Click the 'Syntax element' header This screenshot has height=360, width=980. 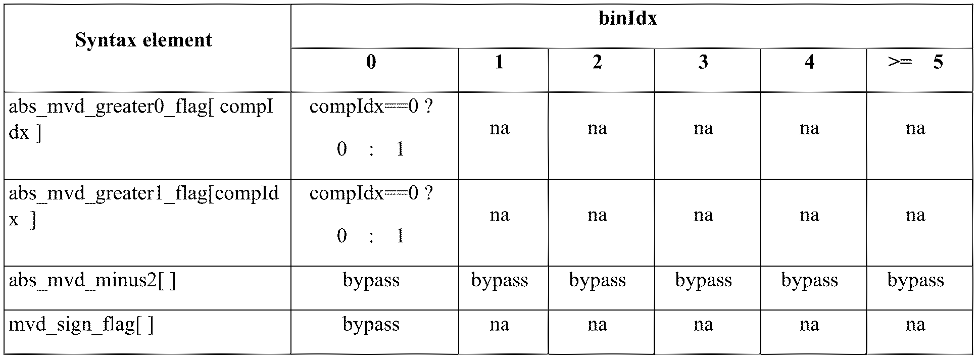144,40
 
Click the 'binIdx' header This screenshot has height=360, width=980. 628,18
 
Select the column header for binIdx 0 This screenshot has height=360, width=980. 371,62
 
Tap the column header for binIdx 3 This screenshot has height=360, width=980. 703,62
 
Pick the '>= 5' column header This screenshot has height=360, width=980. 915,62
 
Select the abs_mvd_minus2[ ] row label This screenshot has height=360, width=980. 92,281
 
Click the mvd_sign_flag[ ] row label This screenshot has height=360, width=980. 81,325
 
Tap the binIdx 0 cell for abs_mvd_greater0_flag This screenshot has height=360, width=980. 371,128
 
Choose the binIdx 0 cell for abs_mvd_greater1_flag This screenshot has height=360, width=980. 371,215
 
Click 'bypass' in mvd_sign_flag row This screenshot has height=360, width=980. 371,325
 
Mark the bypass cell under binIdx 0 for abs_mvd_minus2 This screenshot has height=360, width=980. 371,281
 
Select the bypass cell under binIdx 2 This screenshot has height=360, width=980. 598,281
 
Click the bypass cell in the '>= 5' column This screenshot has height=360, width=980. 916,281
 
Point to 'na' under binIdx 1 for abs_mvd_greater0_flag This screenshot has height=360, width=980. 500,128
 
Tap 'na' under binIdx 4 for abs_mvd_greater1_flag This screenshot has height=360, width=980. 809,215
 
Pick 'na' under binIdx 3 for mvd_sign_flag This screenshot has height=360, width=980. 703,325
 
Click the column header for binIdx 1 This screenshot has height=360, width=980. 500,62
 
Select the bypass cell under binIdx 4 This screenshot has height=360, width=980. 810,281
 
